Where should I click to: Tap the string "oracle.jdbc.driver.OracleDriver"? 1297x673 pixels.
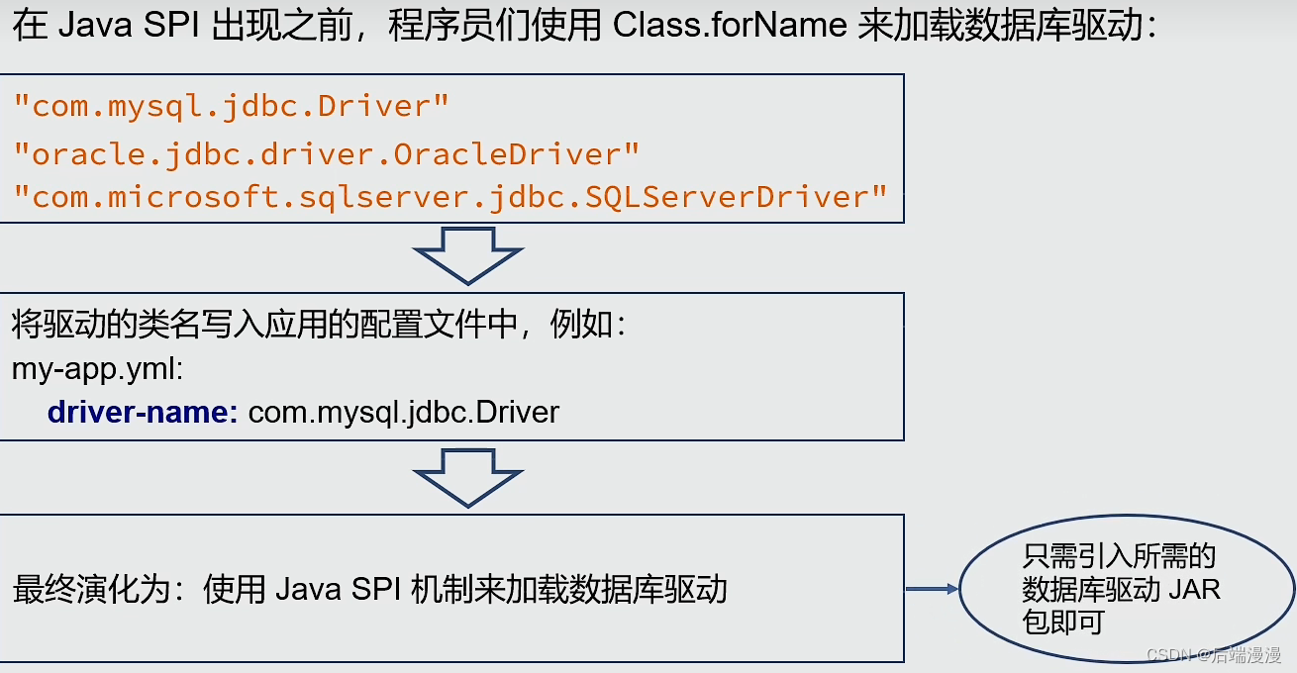326,153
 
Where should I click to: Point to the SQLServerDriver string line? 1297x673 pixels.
450,196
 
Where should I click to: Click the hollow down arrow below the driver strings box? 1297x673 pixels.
468,254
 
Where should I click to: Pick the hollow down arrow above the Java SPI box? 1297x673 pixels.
468,475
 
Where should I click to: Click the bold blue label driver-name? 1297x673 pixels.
143,412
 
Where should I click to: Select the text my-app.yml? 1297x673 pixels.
97,368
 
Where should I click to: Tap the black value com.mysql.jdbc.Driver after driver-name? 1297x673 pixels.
403,412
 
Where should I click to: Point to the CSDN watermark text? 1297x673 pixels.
1213,654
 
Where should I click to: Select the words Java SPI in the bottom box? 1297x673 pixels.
336,589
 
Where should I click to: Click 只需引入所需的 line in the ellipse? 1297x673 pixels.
1119,556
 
